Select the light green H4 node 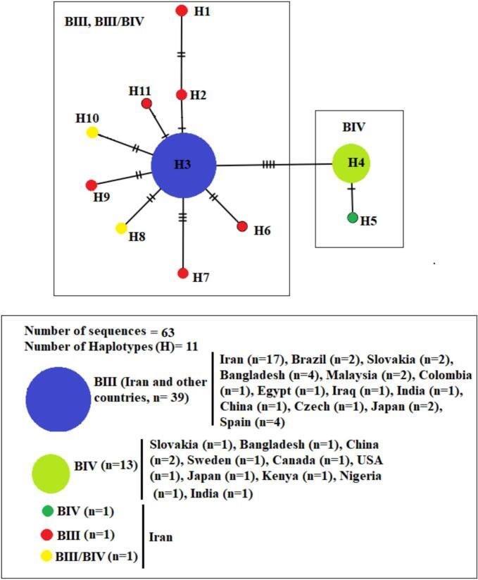[x=351, y=163]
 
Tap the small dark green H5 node [x=353, y=218]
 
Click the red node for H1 [x=182, y=11]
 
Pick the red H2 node [x=182, y=95]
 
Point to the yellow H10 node [x=92, y=132]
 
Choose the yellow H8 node [x=121, y=228]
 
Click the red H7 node [x=183, y=273]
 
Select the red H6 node [x=242, y=226]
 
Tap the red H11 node [x=147, y=104]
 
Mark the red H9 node [x=91, y=185]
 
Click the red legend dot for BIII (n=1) [x=46, y=534]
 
